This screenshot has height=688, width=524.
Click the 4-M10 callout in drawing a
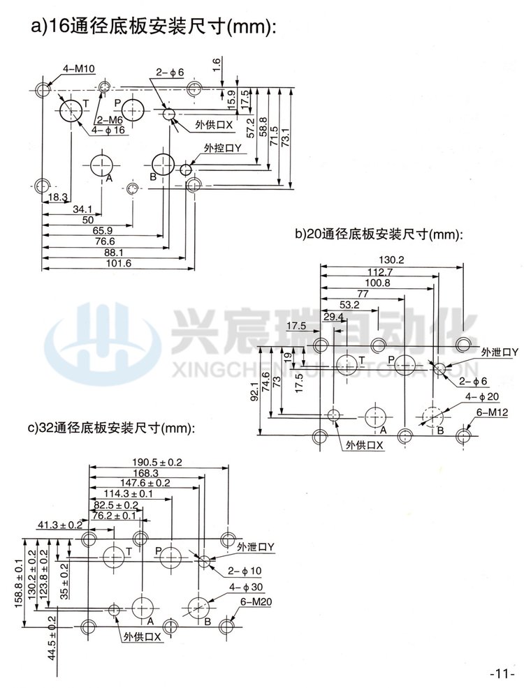78,68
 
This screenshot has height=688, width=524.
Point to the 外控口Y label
222,149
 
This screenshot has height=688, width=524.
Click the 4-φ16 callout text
109,130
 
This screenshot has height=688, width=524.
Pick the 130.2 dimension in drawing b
391,260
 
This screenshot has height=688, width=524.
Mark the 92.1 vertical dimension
256,396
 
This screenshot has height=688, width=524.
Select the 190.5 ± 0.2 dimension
158,463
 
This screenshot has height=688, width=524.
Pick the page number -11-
502,674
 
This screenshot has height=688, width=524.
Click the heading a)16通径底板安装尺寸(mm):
154,29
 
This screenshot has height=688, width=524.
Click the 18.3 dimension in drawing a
57,198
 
